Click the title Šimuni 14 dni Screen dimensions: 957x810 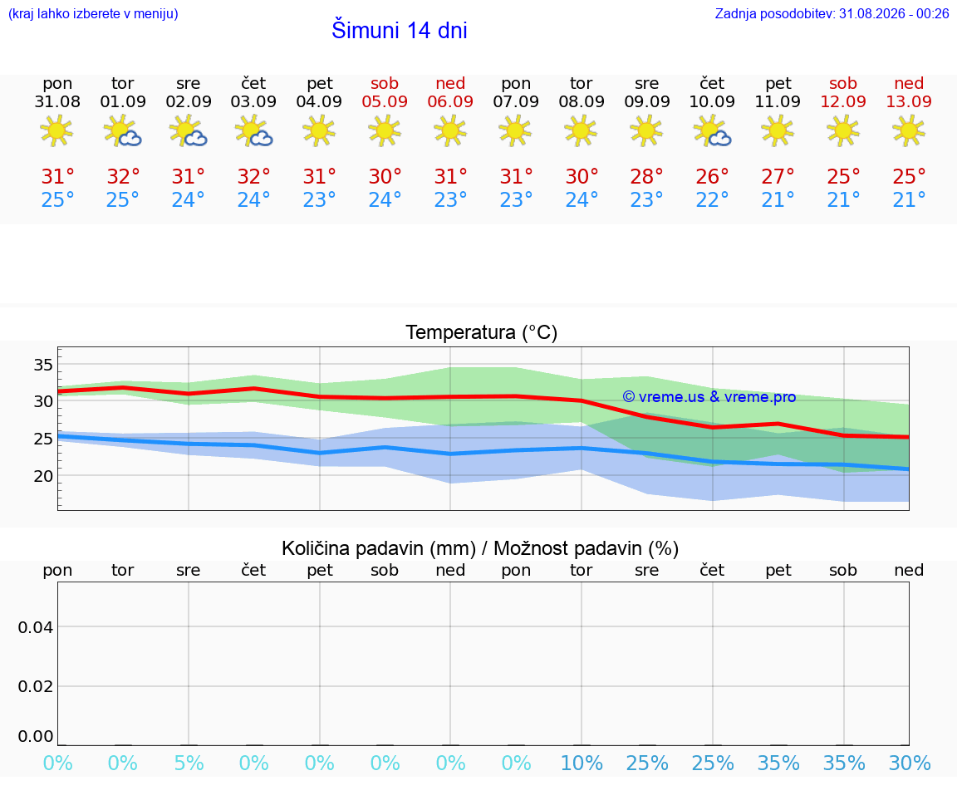click(x=399, y=30)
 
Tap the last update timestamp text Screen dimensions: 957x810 click(x=832, y=13)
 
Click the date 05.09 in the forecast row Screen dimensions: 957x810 click(x=385, y=101)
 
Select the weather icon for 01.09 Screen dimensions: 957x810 click(x=123, y=130)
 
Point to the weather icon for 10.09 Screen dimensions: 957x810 click(x=712, y=130)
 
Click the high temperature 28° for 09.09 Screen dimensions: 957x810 click(x=646, y=176)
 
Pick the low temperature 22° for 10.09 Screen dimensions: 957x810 click(x=712, y=199)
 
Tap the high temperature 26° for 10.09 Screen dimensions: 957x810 click(x=712, y=176)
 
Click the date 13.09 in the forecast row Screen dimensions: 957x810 click(x=909, y=101)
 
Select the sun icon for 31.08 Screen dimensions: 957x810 click(x=56, y=130)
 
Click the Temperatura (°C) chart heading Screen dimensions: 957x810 click(x=482, y=332)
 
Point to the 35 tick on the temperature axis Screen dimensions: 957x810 click(x=43, y=365)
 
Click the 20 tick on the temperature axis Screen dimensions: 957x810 click(x=43, y=476)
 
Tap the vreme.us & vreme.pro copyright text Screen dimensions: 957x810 click(x=709, y=397)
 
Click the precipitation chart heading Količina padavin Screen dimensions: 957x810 click(x=379, y=548)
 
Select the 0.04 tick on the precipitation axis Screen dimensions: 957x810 click(x=36, y=627)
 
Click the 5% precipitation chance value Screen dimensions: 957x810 click(x=189, y=763)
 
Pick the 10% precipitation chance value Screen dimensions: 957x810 click(x=582, y=763)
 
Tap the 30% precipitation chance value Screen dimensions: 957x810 click(x=910, y=763)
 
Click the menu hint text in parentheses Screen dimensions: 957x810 click(x=93, y=13)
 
